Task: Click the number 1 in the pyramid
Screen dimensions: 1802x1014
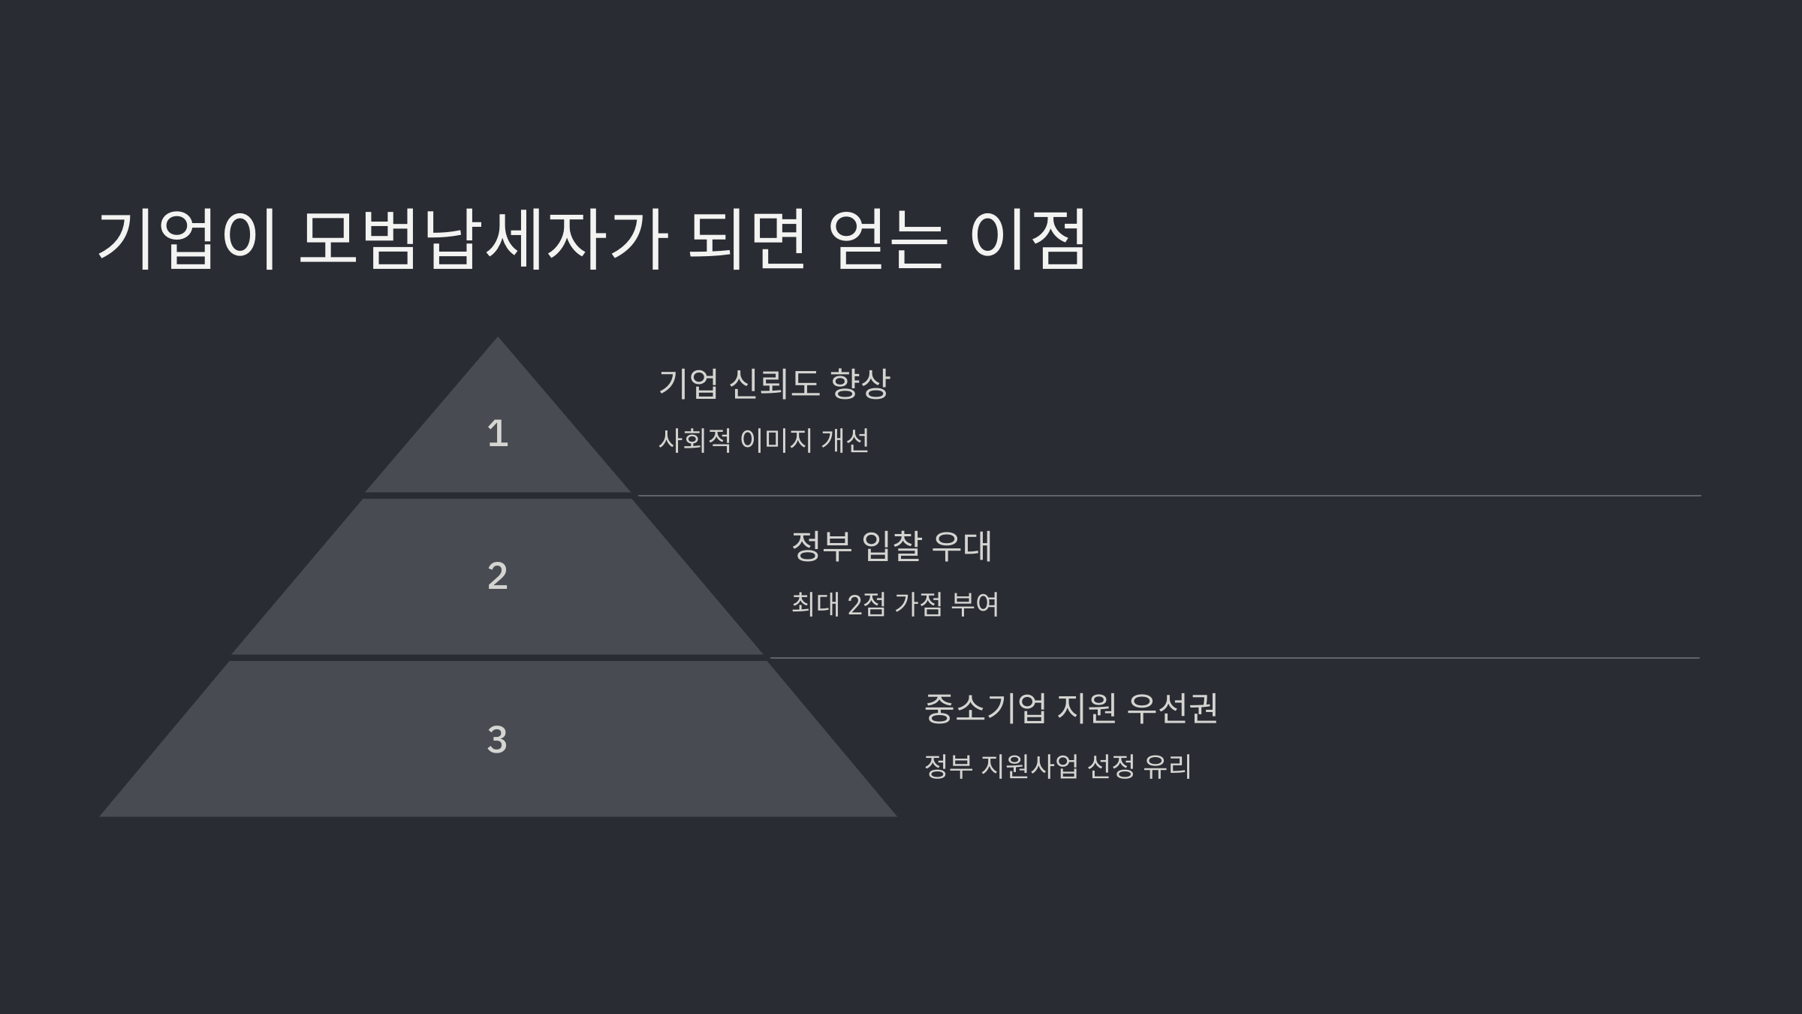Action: coord(497,433)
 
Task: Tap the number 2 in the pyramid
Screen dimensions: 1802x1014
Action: coord(497,576)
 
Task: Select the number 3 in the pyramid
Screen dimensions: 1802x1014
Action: coord(497,739)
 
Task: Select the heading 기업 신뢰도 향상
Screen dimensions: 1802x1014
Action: coord(773,383)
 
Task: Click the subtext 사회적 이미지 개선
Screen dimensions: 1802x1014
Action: coord(764,440)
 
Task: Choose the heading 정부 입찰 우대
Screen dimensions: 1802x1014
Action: coord(892,546)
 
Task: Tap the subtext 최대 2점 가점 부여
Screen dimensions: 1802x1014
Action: coord(895,604)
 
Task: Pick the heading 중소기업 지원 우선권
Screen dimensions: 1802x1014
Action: coord(1071,708)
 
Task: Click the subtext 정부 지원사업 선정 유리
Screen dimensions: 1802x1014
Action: coord(1057,766)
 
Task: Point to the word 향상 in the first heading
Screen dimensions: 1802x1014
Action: coord(860,383)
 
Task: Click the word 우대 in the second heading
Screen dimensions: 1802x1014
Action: coord(963,546)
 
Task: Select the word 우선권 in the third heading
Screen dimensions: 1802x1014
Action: coord(1173,708)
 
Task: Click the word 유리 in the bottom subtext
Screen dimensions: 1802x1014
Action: coord(1168,766)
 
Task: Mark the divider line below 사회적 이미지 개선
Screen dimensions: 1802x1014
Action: coord(1168,496)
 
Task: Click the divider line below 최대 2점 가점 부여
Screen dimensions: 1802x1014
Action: coord(1234,658)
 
